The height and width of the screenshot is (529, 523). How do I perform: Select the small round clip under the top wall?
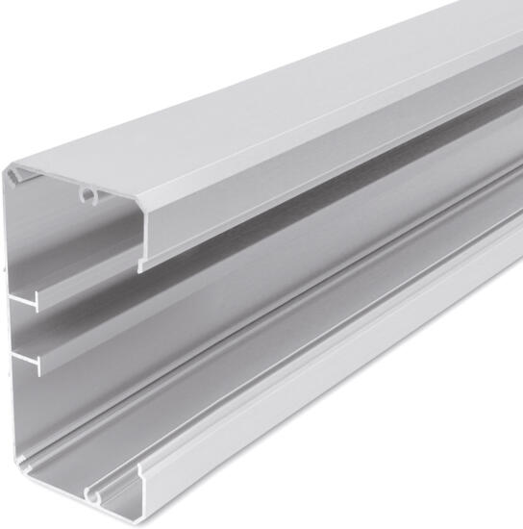[x=89, y=196]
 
